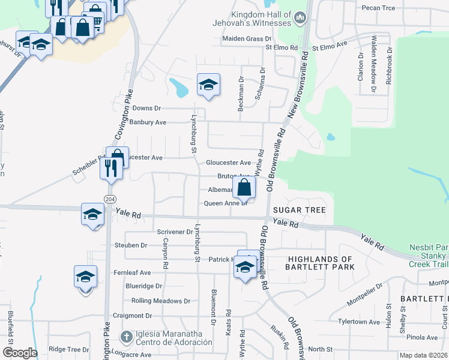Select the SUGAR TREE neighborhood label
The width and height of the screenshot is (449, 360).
point(299,210)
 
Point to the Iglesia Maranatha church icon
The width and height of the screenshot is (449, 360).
point(126,337)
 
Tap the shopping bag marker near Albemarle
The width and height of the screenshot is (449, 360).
point(244,187)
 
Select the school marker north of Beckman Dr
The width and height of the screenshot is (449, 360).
point(208,85)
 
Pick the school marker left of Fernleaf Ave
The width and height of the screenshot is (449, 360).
point(86,277)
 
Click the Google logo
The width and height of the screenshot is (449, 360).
point(19,353)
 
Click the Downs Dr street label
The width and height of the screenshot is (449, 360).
point(147,108)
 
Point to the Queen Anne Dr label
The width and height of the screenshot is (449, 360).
point(226,203)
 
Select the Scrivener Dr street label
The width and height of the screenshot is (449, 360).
point(173,231)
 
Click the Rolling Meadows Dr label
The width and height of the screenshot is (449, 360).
point(160,301)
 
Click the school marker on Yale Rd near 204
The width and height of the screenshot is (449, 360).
point(92,215)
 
